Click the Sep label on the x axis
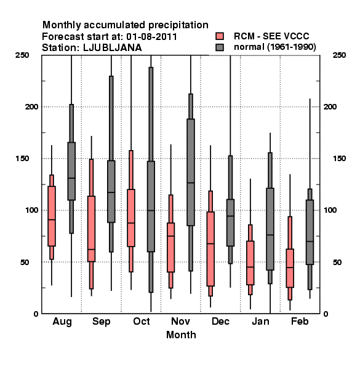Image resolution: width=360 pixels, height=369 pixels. click(x=102, y=322)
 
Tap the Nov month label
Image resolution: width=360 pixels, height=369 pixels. click(x=180, y=321)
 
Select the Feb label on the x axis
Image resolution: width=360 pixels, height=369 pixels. click(x=300, y=321)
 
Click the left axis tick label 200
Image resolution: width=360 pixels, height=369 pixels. click(x=32, y=107)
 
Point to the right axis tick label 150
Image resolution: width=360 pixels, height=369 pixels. click(x=339, y=159)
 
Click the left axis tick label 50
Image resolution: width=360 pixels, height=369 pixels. click(x=25, y=262)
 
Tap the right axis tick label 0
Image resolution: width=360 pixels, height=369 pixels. click(x=326, y=314)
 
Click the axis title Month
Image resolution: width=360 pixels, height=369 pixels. click(x=181, y=335)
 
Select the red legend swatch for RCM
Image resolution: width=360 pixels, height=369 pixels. click(x=220, y=36)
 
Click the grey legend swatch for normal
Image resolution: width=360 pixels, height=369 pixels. click(x=220, y=47)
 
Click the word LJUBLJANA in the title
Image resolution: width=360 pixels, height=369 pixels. click(x=113, y=48)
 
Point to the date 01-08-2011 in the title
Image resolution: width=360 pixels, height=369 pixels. click(x=151, y=37)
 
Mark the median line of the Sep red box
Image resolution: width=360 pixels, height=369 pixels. click(x=91, y=250)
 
